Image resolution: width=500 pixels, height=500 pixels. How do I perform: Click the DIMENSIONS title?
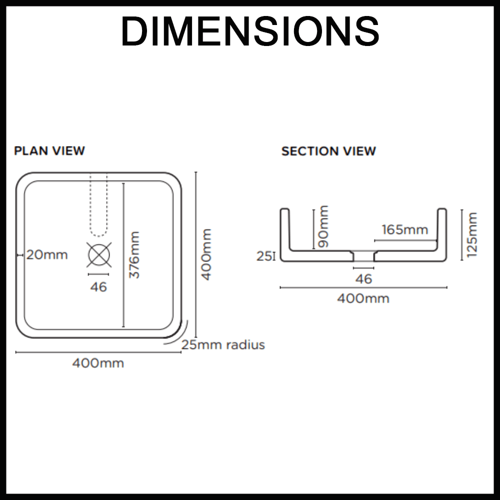(250, 31)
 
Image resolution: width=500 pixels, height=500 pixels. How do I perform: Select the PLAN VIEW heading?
(49, 151)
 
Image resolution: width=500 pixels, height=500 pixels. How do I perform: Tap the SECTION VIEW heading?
(328, 151)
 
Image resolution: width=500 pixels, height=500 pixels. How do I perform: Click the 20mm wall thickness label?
(47, 255)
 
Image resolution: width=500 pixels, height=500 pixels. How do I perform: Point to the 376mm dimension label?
(134, 255)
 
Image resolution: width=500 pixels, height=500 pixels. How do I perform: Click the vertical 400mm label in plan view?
(206, 254)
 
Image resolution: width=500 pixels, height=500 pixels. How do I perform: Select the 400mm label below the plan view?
(98, 363)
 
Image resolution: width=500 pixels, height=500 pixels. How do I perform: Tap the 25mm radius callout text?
(223, 344)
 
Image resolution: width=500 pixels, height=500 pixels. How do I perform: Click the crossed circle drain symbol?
(99, 254)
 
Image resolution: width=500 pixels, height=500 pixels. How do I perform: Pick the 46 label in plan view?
(98, 287)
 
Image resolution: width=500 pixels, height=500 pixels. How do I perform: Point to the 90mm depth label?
(323, 226)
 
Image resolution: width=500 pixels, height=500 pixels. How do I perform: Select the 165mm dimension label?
(405, 229)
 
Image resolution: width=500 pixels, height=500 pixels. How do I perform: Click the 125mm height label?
(471, 234)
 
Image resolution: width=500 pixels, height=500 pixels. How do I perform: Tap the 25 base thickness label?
(264, 256)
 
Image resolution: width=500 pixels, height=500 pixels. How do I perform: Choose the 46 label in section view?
(363, 279)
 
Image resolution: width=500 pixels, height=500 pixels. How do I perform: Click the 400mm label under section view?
(363, 298)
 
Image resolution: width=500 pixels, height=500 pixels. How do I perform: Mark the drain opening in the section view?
(363, 255)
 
